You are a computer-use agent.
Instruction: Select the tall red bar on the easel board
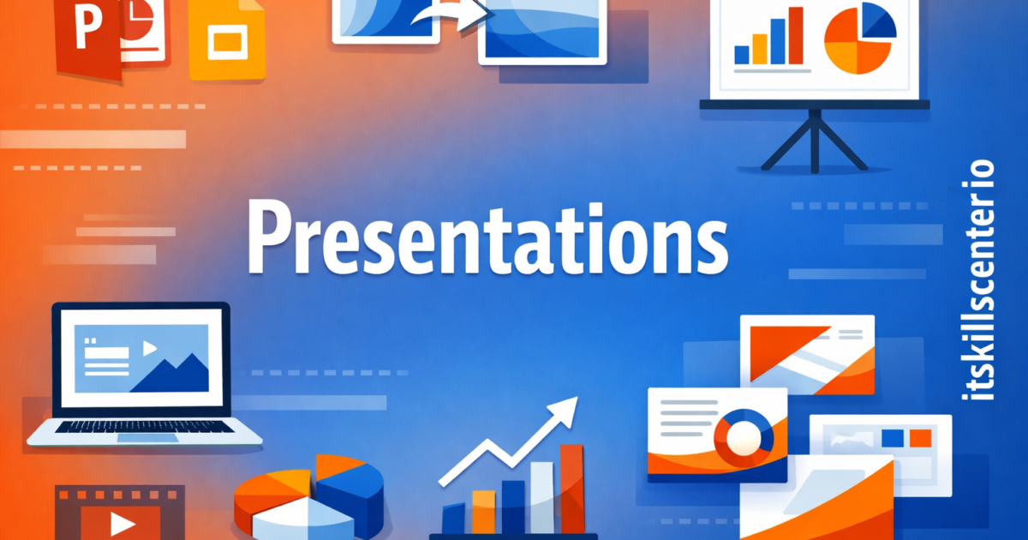pyautogui.click(x=795, y=39)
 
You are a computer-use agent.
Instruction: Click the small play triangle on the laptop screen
pyautogui.click(x=150, y=348)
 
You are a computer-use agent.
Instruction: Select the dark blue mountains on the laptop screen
pyautogui.click(x=176, y=376)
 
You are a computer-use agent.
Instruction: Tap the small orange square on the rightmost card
pyautogui.click(x=920, y=438)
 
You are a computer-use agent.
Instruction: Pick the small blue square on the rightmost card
pyautogui.click(x=893, y=438)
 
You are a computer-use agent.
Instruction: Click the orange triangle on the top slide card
pyautogui.click(x=775, y=348)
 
